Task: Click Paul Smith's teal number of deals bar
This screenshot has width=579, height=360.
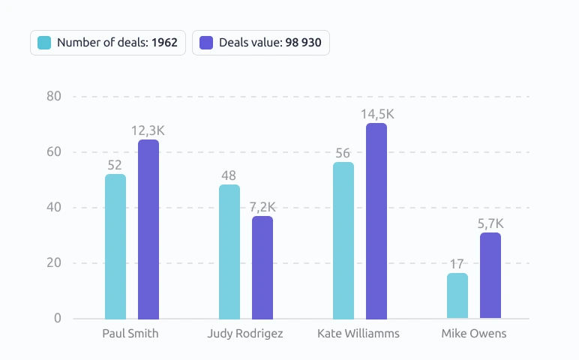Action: pyautogui.click(x=115, y=246)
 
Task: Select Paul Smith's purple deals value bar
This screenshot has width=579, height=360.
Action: pyautogui.click(x=148, y=229)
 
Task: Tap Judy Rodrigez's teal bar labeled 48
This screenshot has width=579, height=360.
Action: pyautogui.click(x=229, y=252)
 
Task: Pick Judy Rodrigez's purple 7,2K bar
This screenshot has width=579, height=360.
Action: pyautogui.click(x=262, y=268)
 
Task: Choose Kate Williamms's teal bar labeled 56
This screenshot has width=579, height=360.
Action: pyautogui.click(x=343, y=240)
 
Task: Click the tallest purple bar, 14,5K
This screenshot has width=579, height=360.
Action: pyautogui.click(x=376, y=220)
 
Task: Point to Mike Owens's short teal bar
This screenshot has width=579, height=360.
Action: pyautogui.click(x=457, y=295)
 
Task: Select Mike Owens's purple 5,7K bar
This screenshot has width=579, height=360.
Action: pyautogui.click(x=490, y=275)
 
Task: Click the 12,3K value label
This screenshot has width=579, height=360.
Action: pyautogui.click(x=148, y=130)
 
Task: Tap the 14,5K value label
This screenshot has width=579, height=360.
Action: pyautogui.click(x=377, y=115)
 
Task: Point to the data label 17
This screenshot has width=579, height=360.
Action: pyautogui.click(x=457, y=264)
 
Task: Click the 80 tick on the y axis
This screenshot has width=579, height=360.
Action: pyautogui.click(x=54, y=96)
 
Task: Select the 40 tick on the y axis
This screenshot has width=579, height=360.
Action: pyautogui.click(x=54, y=208)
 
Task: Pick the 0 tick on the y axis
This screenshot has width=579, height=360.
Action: pyautogui.click(x=58, y=318)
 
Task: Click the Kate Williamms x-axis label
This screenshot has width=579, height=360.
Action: pyautogui.click(x=358, y=334)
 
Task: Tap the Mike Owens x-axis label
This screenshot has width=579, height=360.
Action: pyautogui.click(x=474, y=334)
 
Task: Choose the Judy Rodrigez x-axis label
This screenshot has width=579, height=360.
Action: pyautogui.click(x=245, y=334)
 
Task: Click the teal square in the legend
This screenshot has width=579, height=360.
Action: pyautogui.click(x=44, y=43)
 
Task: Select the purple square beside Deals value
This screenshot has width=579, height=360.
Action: pyautogui.click(x=206, y=43)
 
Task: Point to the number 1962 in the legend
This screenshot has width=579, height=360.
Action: pyautogui.click(x=165, y=43)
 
